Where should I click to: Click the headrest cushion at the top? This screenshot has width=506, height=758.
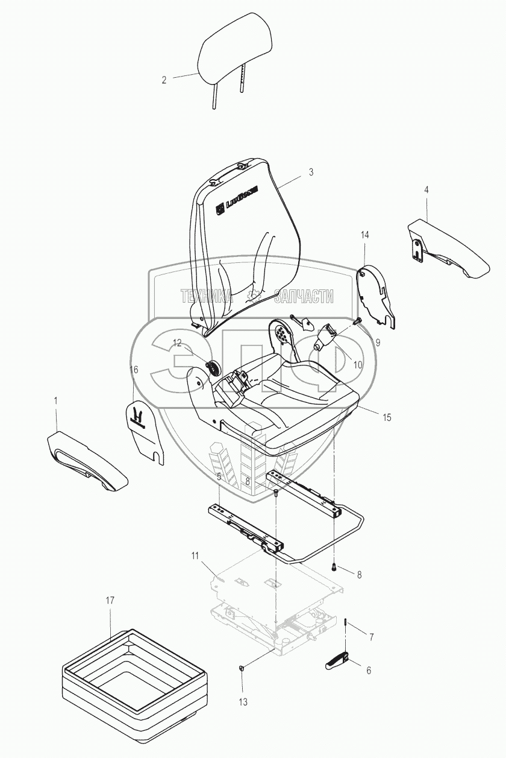[x=237, y=52]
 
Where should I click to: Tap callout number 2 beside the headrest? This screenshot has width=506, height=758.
[x=164, y=80]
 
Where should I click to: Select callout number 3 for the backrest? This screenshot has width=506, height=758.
[x=311, y=172]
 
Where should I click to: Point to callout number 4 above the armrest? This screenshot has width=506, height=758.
[x=426, y=189]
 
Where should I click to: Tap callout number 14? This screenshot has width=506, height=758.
[x=364, y=234]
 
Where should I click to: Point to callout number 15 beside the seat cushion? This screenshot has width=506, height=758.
[x=387, y=417]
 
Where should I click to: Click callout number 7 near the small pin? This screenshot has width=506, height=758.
[x=372, y=636]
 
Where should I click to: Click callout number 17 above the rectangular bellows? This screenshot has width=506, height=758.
[x=110, y=601]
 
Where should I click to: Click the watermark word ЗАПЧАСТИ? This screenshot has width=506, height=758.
[x=303, y=296]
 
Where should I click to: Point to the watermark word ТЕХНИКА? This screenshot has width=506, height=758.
[x=207, y=296]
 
